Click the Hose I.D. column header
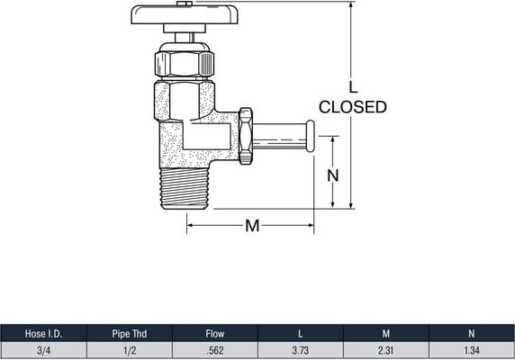point(44,334)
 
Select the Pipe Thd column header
point(130,334)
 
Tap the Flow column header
point(215,334)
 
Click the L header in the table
point(300,334)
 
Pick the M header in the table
point(386,334)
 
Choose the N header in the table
point(472,334)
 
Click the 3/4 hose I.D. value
point(44,350)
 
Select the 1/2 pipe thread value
point(130,350)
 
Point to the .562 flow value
point(215,350)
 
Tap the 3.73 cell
point(300,350)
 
